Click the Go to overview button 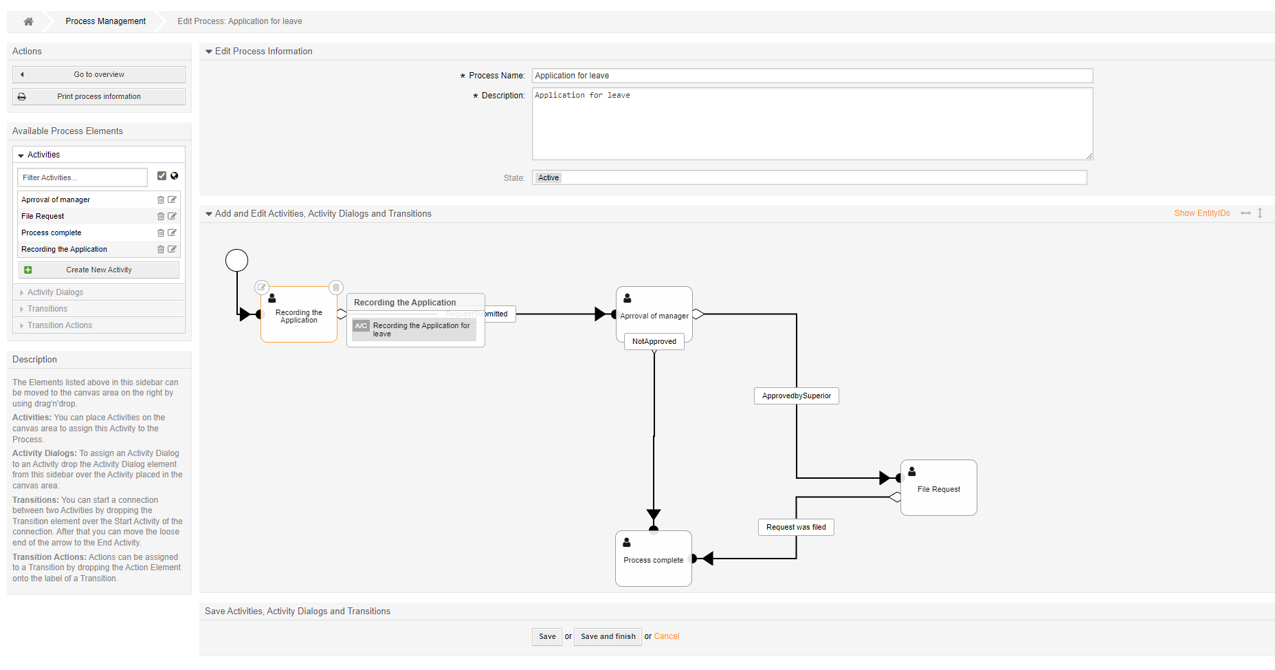(x=99, y=74)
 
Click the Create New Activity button (x=99, y=270)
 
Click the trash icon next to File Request (x=161, y=216)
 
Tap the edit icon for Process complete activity (x=172, y=233)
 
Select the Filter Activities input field (x=82, y=177)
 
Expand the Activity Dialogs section (x=55, y=292)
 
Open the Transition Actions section (x=59, y=325)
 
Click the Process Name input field (x=812, y=76)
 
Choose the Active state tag (x=548, y=177)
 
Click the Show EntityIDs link (x=1201, y=213)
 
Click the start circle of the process (x=236, y=260)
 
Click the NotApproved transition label (x=654, y=341)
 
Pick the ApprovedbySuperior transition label (x=796, y=396)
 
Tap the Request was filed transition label (x=796, y=527)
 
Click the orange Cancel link (x=666, y=636)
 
